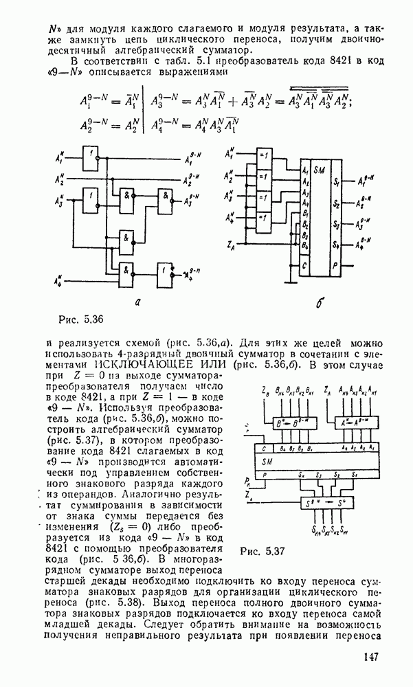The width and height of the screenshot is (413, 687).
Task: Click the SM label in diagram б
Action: coord(319,169)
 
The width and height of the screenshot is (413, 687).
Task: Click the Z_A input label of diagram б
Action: coord(232,245)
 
